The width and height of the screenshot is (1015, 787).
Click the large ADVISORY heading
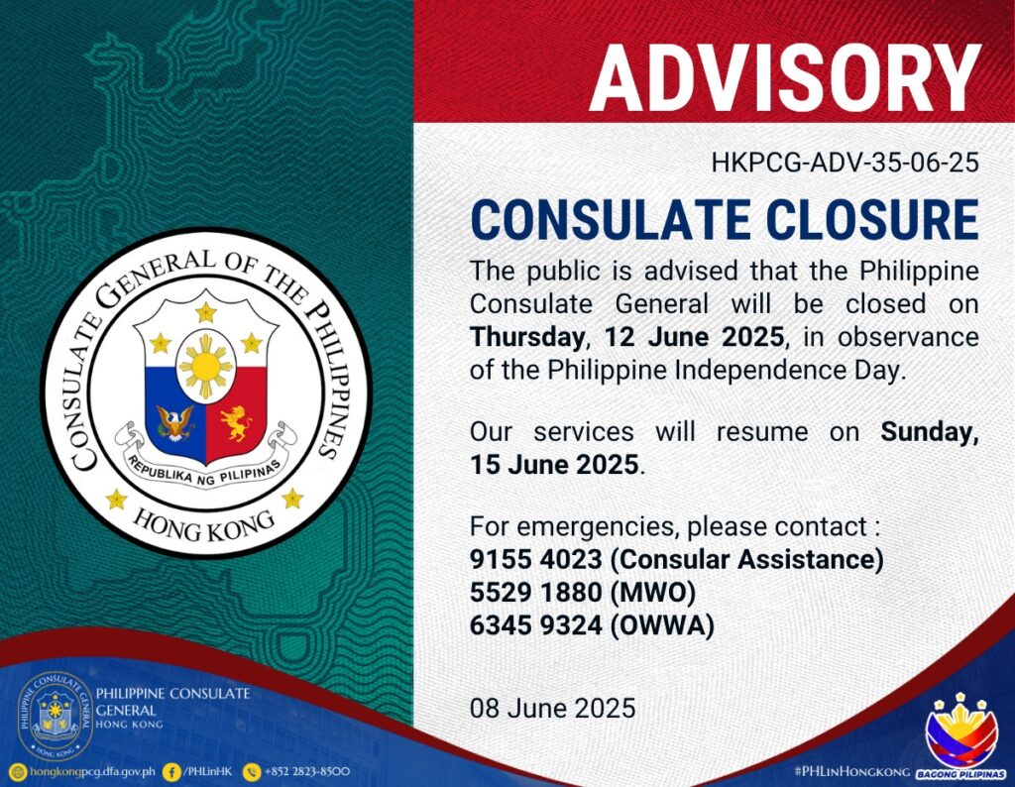click(785, 79)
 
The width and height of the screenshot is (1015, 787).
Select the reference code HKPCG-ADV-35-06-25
click(845, 163)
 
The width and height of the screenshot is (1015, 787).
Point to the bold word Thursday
click(527, 337)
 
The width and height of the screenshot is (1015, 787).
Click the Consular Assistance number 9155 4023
click(536, 559)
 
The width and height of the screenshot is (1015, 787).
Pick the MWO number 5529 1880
click(536, 592)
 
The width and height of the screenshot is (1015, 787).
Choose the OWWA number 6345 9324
click(536, 625)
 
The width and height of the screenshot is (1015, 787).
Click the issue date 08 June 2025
click(553, 708)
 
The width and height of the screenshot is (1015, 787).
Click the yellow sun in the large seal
click(206, 367)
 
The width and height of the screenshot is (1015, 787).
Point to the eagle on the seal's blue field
click(174, 423)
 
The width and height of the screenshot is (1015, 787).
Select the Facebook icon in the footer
click(171, 771)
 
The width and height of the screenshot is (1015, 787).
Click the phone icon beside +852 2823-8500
click(251, 771)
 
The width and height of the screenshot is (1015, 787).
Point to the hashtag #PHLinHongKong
click(851, 772)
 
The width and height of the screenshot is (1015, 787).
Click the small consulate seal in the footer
click(55, 716)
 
